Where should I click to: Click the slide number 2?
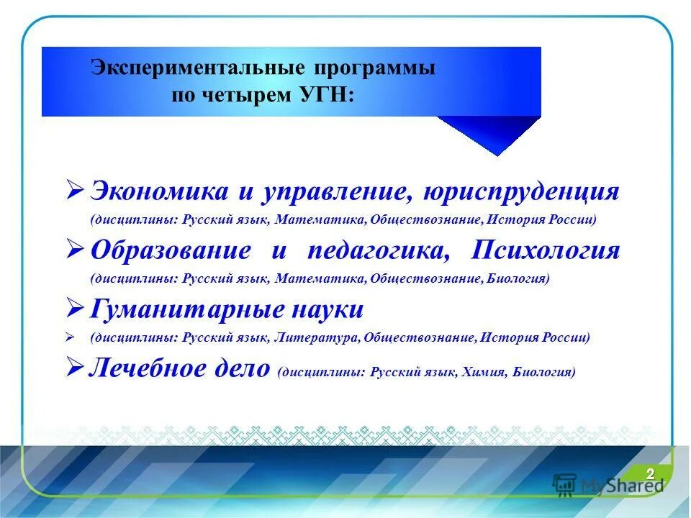click(x=650, y=473)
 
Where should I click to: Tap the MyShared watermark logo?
click(x=608, y=483)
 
